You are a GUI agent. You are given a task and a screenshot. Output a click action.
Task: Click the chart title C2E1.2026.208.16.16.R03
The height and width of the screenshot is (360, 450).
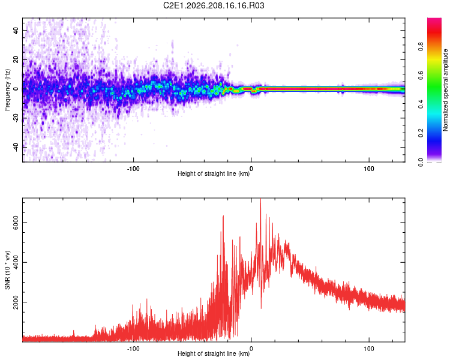point(214,5)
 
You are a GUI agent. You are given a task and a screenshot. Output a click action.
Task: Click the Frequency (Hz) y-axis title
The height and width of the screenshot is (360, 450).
point(7,90)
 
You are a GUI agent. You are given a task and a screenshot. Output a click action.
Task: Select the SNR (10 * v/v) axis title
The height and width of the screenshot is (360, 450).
point(7,270)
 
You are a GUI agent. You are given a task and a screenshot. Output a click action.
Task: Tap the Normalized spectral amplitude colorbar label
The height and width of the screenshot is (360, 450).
point(445,90)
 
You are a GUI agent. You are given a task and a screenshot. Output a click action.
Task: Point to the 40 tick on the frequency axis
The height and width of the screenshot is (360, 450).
point(16,31)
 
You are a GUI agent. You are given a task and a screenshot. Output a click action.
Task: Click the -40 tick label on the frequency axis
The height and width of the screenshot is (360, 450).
point(16,147)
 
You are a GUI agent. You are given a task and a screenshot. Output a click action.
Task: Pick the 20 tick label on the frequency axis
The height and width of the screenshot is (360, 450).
point(16,60)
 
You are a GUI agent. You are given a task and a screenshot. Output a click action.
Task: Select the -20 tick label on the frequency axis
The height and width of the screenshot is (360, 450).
point(16,118)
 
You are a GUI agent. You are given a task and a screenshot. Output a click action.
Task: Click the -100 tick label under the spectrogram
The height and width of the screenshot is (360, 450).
point(133,169)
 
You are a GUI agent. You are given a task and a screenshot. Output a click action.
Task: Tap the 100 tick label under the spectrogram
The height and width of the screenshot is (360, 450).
point(369,169)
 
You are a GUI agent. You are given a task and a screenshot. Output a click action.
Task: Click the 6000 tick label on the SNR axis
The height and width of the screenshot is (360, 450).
point(16,223)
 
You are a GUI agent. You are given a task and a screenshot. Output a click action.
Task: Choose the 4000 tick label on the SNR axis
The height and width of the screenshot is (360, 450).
point(16,262)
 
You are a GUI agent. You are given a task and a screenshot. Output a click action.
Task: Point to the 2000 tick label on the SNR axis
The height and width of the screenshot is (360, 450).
point(16,302)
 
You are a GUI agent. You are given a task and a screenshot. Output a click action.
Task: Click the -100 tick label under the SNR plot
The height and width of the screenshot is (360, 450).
point(133,349)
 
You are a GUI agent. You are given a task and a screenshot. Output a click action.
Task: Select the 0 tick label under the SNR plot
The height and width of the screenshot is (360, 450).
point(251,349)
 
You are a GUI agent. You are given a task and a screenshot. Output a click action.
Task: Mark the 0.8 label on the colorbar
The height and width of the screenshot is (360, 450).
point(421,46)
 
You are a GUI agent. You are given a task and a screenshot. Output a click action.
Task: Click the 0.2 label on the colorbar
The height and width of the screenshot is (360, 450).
point(421,133)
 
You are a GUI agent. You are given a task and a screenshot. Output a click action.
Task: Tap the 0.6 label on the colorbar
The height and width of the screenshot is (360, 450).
point(421,75)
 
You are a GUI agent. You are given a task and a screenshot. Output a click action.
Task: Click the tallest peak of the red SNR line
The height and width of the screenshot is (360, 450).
point(260,199)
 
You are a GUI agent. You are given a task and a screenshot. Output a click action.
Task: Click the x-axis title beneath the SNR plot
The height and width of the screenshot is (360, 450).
point(214,353)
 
